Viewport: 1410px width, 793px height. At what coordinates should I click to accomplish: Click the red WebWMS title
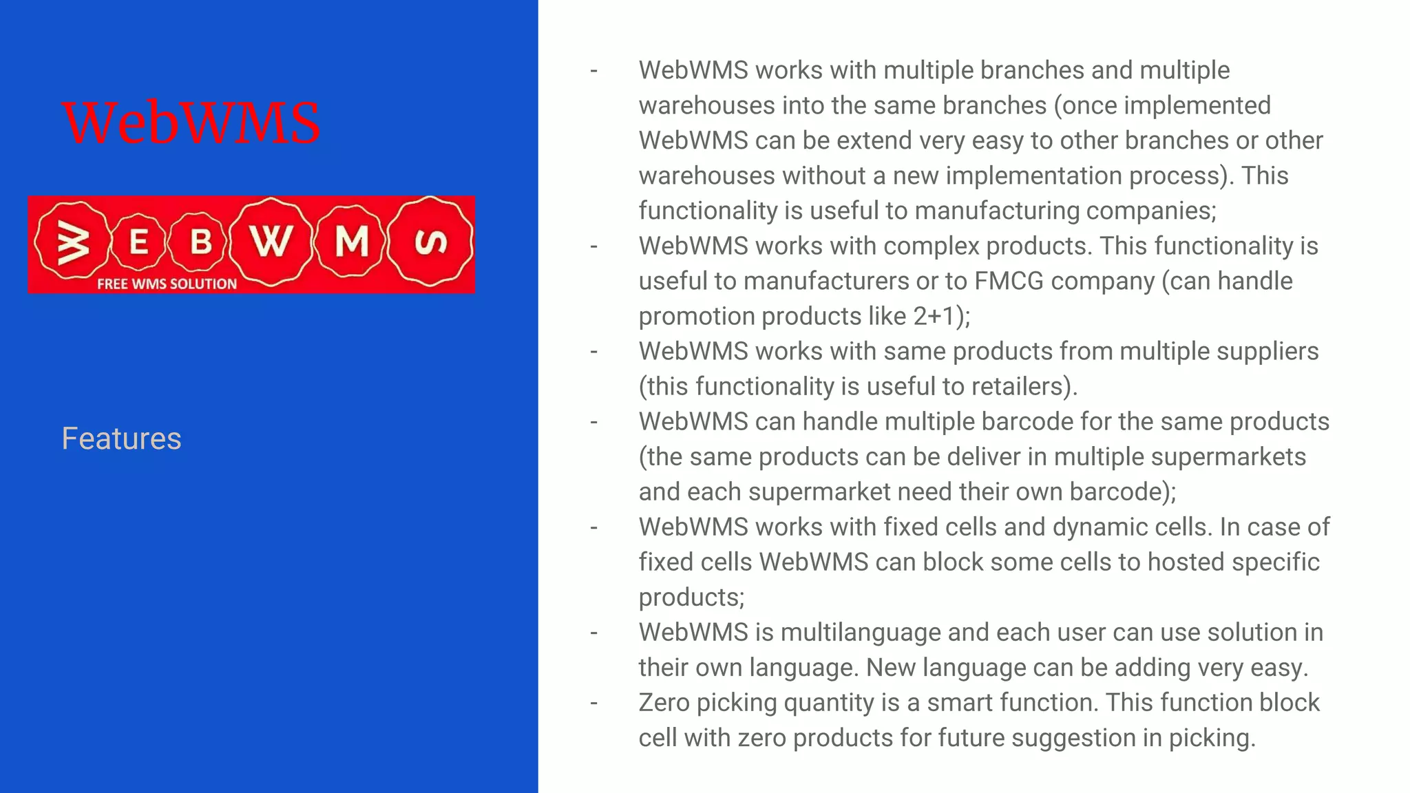(x=191, y=123)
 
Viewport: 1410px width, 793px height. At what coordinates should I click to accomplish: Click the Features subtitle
(x=121, y=438)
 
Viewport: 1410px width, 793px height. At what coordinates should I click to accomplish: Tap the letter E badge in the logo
(x=138, y=242)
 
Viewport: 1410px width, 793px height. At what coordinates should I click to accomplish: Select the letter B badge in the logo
(x=200, y=242)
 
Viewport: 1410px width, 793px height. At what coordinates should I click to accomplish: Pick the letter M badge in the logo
(x=351, y=242)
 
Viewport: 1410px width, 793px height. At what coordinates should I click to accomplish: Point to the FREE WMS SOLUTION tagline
(x=167, y=284)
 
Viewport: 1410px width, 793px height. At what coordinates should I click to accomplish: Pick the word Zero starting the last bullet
(x=664, y=702)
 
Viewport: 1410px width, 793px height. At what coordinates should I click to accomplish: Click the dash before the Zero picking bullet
(x=593, y=703)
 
